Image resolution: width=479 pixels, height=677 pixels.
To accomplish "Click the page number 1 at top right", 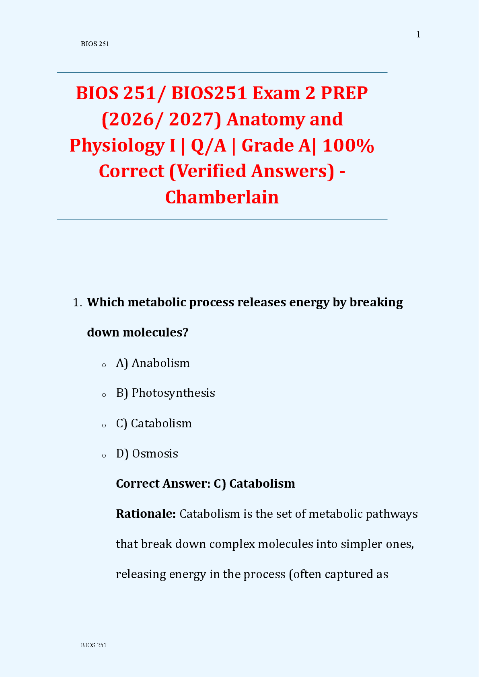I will (x=418, y=35).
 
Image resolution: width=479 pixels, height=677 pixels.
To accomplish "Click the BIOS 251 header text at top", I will (x=95, y=44).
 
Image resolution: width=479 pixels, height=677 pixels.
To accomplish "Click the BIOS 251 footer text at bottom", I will (x=93, y=645).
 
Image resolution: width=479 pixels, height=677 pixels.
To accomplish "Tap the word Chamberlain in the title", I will (x=222, y=197).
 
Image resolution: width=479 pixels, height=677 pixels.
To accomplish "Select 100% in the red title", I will (x=348, y=145).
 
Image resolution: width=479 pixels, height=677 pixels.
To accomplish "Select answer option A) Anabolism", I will (x=153, y=363).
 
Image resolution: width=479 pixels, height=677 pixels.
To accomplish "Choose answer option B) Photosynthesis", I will (x=165, y=393).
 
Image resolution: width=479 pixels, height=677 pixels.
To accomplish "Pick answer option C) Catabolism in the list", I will (x=154, y=423).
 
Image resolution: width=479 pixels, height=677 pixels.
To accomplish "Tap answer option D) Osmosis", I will (x=147, y=453).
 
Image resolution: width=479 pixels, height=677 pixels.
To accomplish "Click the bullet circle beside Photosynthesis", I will (x=104, y=395).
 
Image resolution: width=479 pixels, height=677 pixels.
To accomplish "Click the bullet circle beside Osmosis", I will (x=104, y=456).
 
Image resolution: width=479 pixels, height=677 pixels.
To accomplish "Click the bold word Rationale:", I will (x=146, y=514).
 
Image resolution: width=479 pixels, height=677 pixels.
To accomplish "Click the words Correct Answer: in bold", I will (x=163, y=483).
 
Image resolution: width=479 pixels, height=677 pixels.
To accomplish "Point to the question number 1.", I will (x=77, y=302).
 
